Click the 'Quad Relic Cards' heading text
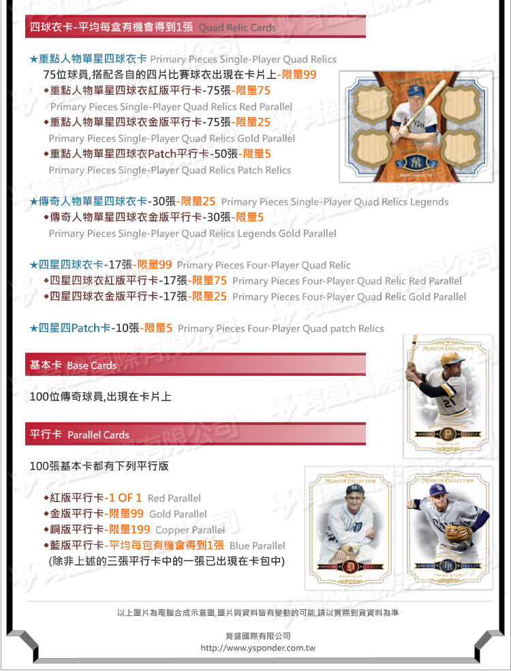pyautogui.click(x=238, y=28)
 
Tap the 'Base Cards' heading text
pyautogui.click(x=92, y=365)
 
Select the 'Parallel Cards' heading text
pyautogui.click(x=98, y=435)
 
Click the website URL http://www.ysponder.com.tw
pyautogui.click(x=258, y=648)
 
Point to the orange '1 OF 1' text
pyautogui.click(x=125, y=498)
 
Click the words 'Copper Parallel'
pyautogui.click(x=190, y=530)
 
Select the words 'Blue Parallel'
pyautogui.click(x=258, y=546)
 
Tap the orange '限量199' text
pyautogui.click(x=129, y=529)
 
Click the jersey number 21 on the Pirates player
pyautogui.click(x=448, y=403)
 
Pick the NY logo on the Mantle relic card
pyautogui.click(x=416, y=162)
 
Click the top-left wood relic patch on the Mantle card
pyautogui.click(x=372, y=102)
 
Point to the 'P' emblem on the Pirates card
pyautogui.click(x=448, y=435)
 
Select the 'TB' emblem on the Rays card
pyautogui.click(x=448, y=565)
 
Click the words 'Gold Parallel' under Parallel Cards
pyautogui.click(x=178, y=514)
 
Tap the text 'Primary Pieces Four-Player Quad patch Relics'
pyautogui.click(x=281, y=328)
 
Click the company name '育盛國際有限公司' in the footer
pyautogui.click(x=258, y=636)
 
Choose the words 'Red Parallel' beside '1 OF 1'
pyautogui.click(x=174, y=498)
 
